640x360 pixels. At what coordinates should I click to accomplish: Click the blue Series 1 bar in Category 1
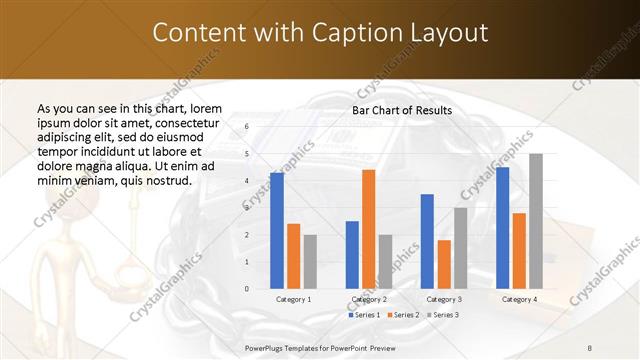pos(277,231)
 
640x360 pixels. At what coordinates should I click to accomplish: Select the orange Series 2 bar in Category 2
pos(369,229)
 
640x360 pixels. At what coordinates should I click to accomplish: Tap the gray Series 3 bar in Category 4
pos(536,221)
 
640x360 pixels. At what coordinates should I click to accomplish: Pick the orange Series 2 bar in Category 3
pos(444,264)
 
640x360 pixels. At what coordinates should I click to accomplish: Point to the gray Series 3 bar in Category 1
pos(310,262)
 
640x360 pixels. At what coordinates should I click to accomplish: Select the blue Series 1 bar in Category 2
pos(352,255)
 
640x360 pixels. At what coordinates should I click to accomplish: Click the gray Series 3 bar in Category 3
pos(461,248)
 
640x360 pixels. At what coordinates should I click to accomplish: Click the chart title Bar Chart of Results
pos(401,110)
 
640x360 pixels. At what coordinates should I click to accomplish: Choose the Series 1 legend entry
pos(361,315)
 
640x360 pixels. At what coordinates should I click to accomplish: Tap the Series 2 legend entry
pos(402,315)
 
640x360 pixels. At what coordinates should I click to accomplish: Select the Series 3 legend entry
pos(442,315)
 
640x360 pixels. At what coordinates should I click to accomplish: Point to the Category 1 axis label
pos(293,299)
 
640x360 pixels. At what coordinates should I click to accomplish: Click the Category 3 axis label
pos(443,299)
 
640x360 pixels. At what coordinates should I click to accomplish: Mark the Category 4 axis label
pos(519,299)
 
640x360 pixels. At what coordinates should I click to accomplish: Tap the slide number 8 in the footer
pos(590,346)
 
